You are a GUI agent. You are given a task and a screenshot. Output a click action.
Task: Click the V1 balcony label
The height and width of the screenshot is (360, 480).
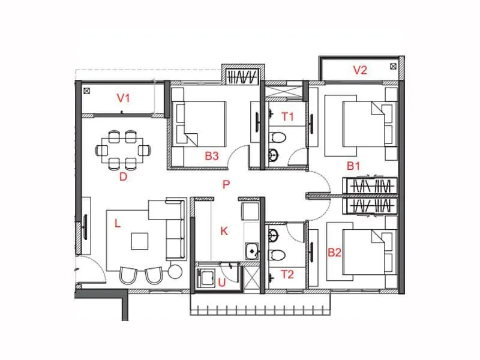(x=124, y=97)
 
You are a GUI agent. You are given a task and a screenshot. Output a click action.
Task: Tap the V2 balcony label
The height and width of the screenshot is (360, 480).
(x=359, y=70)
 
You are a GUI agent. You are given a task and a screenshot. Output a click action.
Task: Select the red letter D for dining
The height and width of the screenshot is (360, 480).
(x=123, y=176)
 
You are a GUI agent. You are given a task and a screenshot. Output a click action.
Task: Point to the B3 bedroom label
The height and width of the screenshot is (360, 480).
(x=212, y=156)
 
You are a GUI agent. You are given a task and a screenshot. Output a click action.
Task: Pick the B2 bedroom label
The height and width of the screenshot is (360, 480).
(x=334, y=253)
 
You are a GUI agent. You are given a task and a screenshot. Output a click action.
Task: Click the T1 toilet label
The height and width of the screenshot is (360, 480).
(x=287, y=117)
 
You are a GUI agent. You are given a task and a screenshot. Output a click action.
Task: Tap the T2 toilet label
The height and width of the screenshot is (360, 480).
(x=287, y=275)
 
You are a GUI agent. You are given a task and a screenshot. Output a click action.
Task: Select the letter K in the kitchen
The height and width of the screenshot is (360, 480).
(x=224, y=231)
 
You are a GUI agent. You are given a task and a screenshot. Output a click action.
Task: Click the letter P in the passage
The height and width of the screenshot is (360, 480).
(x=226, y=185)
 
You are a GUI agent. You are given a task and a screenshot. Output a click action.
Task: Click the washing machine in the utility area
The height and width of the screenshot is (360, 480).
(x=206, y=278)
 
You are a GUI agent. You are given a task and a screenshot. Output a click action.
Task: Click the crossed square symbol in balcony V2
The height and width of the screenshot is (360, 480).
(x=393, y=66)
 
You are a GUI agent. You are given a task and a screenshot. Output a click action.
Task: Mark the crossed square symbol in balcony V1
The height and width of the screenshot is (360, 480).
(x=87, y=92)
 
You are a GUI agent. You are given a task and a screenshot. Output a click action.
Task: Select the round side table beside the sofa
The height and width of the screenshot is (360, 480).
(x=175, y=272)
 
